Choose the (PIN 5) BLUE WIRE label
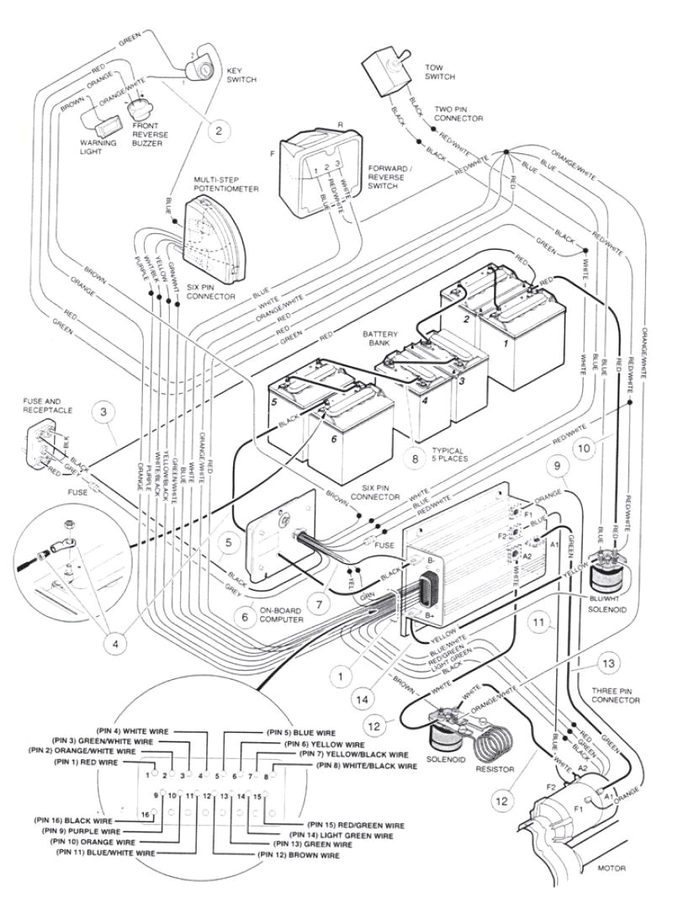click(x=301, y=732)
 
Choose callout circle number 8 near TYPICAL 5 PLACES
click(x=414, y=459)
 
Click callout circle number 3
click(x=103, y=412)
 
